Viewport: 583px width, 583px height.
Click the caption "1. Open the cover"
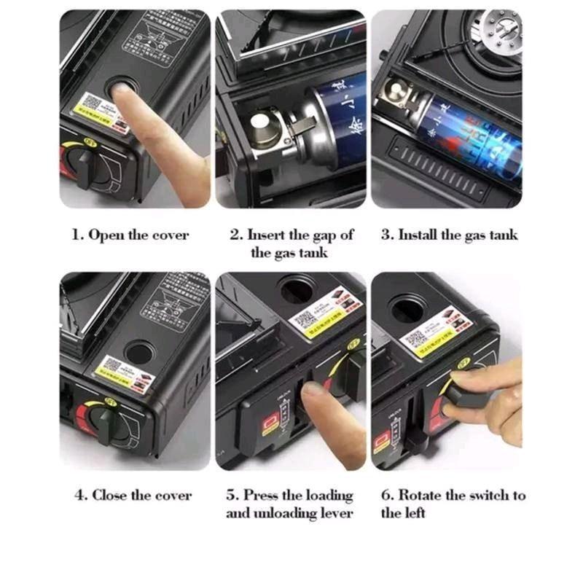coord(130,235)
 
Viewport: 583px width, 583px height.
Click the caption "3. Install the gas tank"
coord(449,235)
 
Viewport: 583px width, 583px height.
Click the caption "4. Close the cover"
coord(133,496)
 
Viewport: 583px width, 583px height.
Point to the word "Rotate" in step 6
coord(419,496)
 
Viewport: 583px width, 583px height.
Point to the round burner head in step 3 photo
coord(496,34)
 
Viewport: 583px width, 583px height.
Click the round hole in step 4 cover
coord(138,353)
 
